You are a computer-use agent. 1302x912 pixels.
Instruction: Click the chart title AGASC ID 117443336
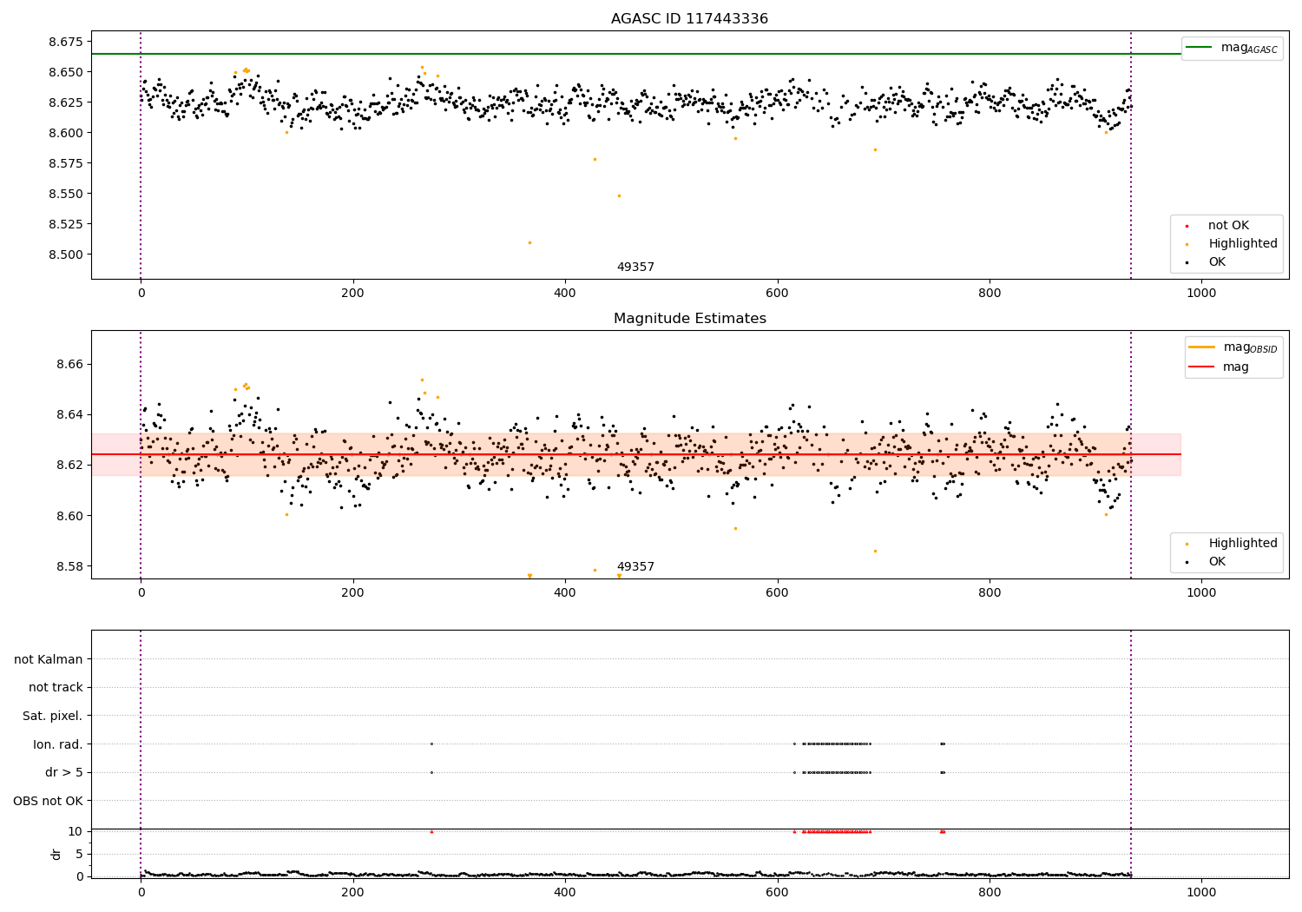[689, 19]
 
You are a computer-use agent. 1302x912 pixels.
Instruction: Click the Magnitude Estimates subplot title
[689, 319]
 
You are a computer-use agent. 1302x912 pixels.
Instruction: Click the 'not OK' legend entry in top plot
[1228, 226]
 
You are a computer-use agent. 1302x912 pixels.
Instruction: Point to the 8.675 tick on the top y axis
[63, 42]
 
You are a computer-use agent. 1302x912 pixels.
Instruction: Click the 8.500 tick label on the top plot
[63, 254]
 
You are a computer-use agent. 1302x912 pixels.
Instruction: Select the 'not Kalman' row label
[49, 659]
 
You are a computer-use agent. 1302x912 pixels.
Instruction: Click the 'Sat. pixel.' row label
[52, 716]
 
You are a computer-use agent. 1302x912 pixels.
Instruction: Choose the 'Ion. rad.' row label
[57, 744]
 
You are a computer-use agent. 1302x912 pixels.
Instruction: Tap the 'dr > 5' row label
[63, 772]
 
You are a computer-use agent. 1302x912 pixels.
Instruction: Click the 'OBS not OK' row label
[48, 801]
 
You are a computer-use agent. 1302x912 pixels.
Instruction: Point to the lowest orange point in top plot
[529, 242]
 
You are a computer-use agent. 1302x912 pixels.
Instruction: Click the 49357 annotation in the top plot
[635, 268]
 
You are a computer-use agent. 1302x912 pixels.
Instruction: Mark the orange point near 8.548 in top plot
[619, 195]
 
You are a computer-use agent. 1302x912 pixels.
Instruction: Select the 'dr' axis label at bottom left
[56, 854]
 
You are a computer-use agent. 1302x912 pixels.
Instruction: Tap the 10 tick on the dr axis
[76, 831]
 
